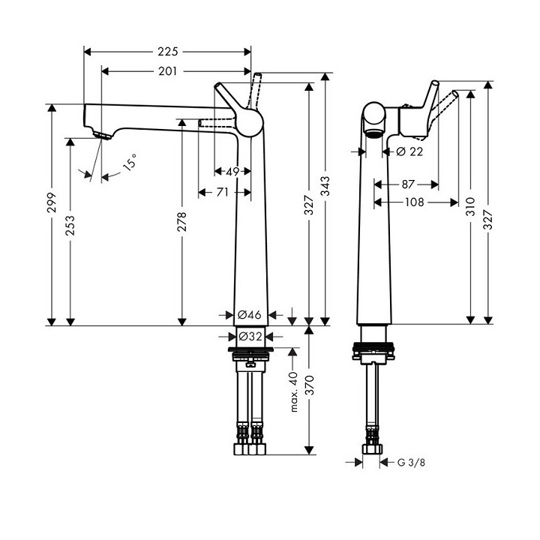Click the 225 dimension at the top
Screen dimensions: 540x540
tap(168, 52)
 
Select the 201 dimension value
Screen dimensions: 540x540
tap(168, 71)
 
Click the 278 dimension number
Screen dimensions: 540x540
tap(181, 222)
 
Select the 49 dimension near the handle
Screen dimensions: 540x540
tap(232, 172)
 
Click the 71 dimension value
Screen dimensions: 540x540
tap(222, 193)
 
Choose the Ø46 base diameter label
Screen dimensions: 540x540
tap(249, 315)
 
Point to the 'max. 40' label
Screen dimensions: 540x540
tap(294, 391)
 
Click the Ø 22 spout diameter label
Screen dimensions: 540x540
tap(409, 151)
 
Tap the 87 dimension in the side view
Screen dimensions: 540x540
tap(408, 184)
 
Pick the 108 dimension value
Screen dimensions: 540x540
tap(415, 202)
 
